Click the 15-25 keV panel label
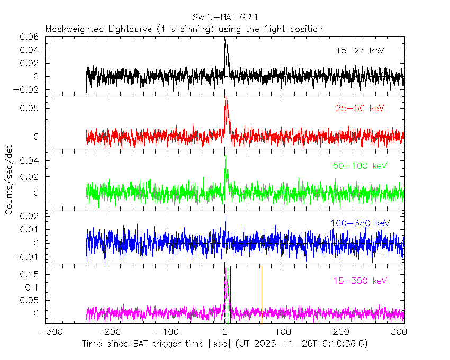click(360, 51)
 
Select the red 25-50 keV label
click(360, 109)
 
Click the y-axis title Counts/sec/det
click(9, 181)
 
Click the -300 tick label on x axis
click(49, 332)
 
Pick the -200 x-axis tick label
click(107, 332)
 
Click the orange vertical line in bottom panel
click(261, 294)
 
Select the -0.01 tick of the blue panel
click(29, 257)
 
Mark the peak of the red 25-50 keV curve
click(226, 98)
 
